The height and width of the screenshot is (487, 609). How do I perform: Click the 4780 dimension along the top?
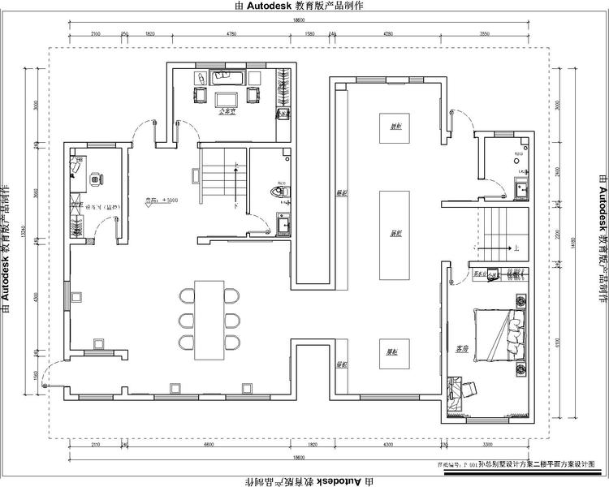231,34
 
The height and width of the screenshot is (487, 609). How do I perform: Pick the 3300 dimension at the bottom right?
487,446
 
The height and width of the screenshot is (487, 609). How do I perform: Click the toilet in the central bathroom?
279,192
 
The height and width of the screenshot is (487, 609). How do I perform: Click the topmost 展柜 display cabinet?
395,127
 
